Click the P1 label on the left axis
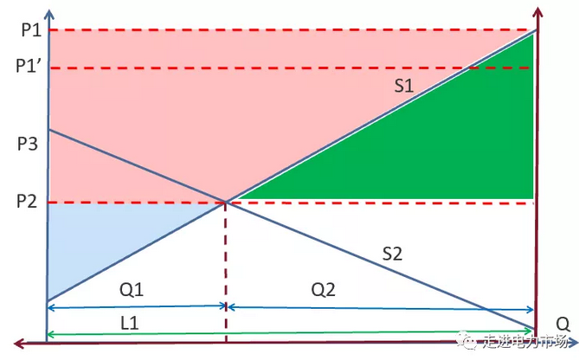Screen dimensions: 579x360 pos(31,30)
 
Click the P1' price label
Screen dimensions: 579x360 pos(28,66)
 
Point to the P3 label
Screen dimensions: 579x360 pos(28,144)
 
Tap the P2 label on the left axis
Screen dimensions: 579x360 pos(27,202)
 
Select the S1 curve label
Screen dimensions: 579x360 pos(403,86)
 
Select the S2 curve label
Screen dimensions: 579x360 pos(392,254)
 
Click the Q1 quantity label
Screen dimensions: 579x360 pos(132,290)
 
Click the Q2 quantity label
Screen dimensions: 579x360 pos(323,290)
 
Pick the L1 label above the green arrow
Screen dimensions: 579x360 pos(130,324)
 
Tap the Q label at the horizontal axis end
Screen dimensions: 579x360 pos(563,325)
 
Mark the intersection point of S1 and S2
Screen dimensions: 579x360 pos(226,202)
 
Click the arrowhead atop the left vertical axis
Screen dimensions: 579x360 pos(49,15)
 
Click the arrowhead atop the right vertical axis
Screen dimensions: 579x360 pos(538,13)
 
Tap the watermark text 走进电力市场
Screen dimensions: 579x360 pos(524,342)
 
